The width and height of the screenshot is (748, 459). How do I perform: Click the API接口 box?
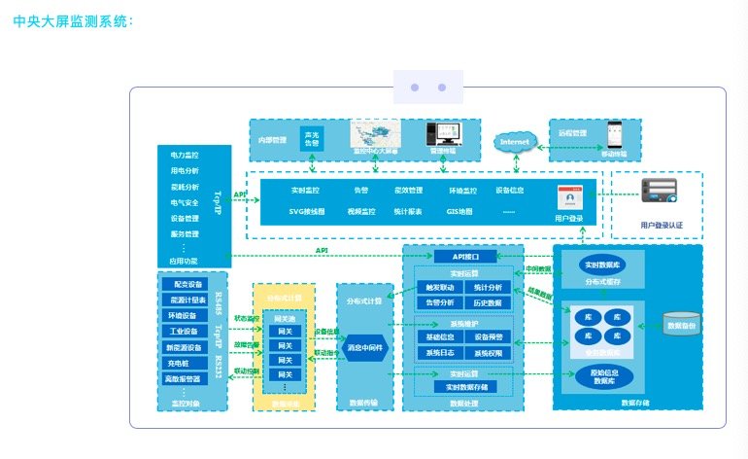462,257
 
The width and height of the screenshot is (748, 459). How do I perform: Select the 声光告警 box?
311,138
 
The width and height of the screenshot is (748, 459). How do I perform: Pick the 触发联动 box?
434,288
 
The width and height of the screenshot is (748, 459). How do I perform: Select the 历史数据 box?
488,302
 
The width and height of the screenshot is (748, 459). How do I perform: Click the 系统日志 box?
434,352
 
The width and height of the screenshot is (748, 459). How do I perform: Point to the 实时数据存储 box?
461,387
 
